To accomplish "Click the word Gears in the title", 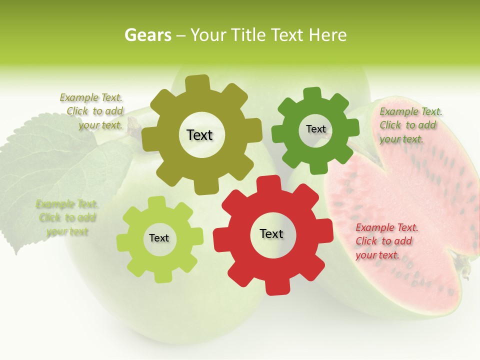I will coord(147,35).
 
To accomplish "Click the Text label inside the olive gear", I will coord(200,135).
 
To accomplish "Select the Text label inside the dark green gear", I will coord(315,129).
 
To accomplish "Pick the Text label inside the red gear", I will coord(271,233).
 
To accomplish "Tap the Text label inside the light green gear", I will coord(159,238).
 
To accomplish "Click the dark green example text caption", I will coord(410,125).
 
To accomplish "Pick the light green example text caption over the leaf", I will coord(67,217).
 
